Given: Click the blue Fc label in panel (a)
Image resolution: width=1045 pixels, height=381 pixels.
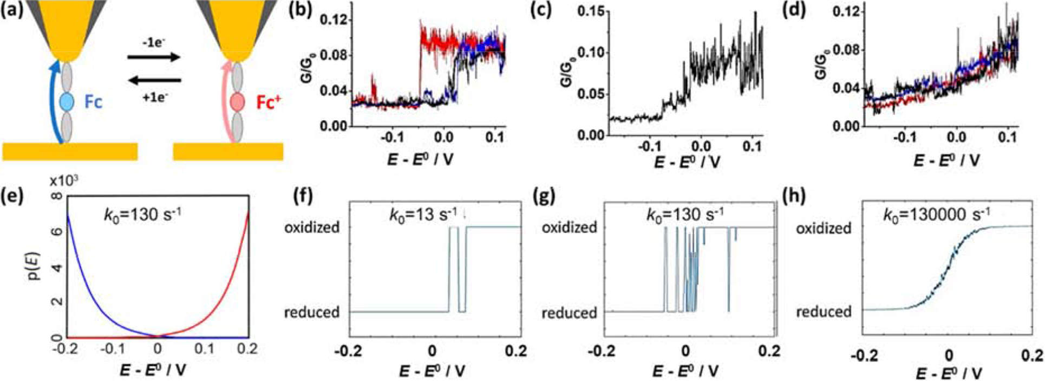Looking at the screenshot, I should point(93,102).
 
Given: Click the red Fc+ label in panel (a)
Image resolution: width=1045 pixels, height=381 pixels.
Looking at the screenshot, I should point(269,102).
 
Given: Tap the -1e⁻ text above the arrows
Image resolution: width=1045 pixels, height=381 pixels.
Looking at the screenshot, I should point(154,42).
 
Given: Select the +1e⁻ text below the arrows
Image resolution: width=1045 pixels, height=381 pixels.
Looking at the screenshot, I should point(154,98).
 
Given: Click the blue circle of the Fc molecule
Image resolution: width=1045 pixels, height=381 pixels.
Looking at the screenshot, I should point(67,102).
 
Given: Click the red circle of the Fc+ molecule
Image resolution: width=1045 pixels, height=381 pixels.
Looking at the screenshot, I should point(237,102).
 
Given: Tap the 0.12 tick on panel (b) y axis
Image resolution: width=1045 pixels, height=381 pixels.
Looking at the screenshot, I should point(333,21).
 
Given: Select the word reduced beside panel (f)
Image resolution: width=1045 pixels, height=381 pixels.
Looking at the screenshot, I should point(312,312).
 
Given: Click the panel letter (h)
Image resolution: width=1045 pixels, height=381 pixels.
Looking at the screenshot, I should point(804,198).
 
